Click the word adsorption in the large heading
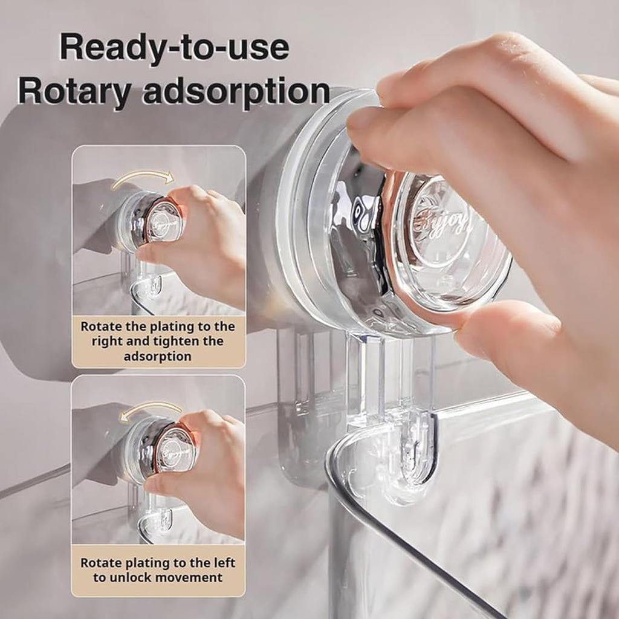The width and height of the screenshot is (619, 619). tap(236, 92)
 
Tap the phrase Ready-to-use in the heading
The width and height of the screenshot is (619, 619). tap(174, 47)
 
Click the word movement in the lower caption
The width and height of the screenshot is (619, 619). tap(190, 577)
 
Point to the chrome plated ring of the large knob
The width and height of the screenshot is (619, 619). tap(357, 242)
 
